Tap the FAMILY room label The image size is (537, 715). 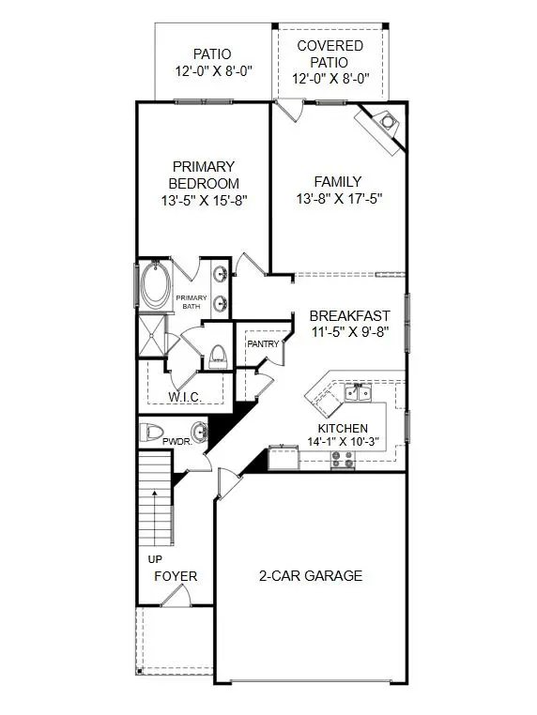pyautogui.click(x=338, y=181)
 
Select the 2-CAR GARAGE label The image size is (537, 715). pyautogui.click(x=310, y=576)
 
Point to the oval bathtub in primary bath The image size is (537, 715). pyautogui.click(x=154, y=284)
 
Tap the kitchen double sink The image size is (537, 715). pyautogui.click(x=357, y=392)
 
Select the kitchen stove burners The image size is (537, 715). pyautogui.click(x=343, y=459)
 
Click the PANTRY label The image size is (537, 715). pyautogui.click(x=263, y=344)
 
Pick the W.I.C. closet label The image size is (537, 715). pyautogui.click(x=185, y=397)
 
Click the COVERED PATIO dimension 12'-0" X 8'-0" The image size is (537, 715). pyautogui.click(x=330, y=80)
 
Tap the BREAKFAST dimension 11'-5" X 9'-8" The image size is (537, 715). pyautogui.click(x=349, y=332)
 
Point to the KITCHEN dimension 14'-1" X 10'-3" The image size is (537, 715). pyautogui.click(x=344, y=441)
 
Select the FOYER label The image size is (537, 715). pyautogui.click(x=175, y=576)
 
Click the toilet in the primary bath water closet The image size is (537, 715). pyautogui.click(x=218, y=354)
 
